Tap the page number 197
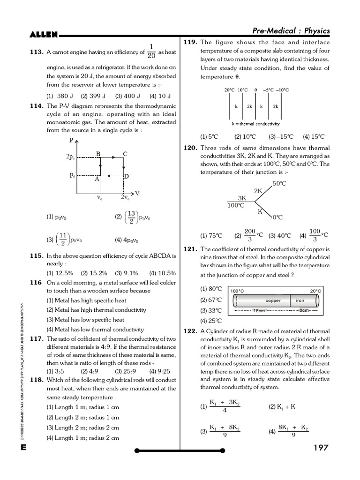tap(321, 448)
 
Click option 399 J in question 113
tap(90, 96)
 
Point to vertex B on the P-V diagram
tap(98, 154)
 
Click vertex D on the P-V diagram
tap(126, 176)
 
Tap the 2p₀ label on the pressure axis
tap(70, 157)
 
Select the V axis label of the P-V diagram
tap(137, 193)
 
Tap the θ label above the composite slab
tap(255, 90)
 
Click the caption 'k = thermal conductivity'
tap(255, 124)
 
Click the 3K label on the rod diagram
tap(242, 198)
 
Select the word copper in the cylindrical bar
tap(273, 300)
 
